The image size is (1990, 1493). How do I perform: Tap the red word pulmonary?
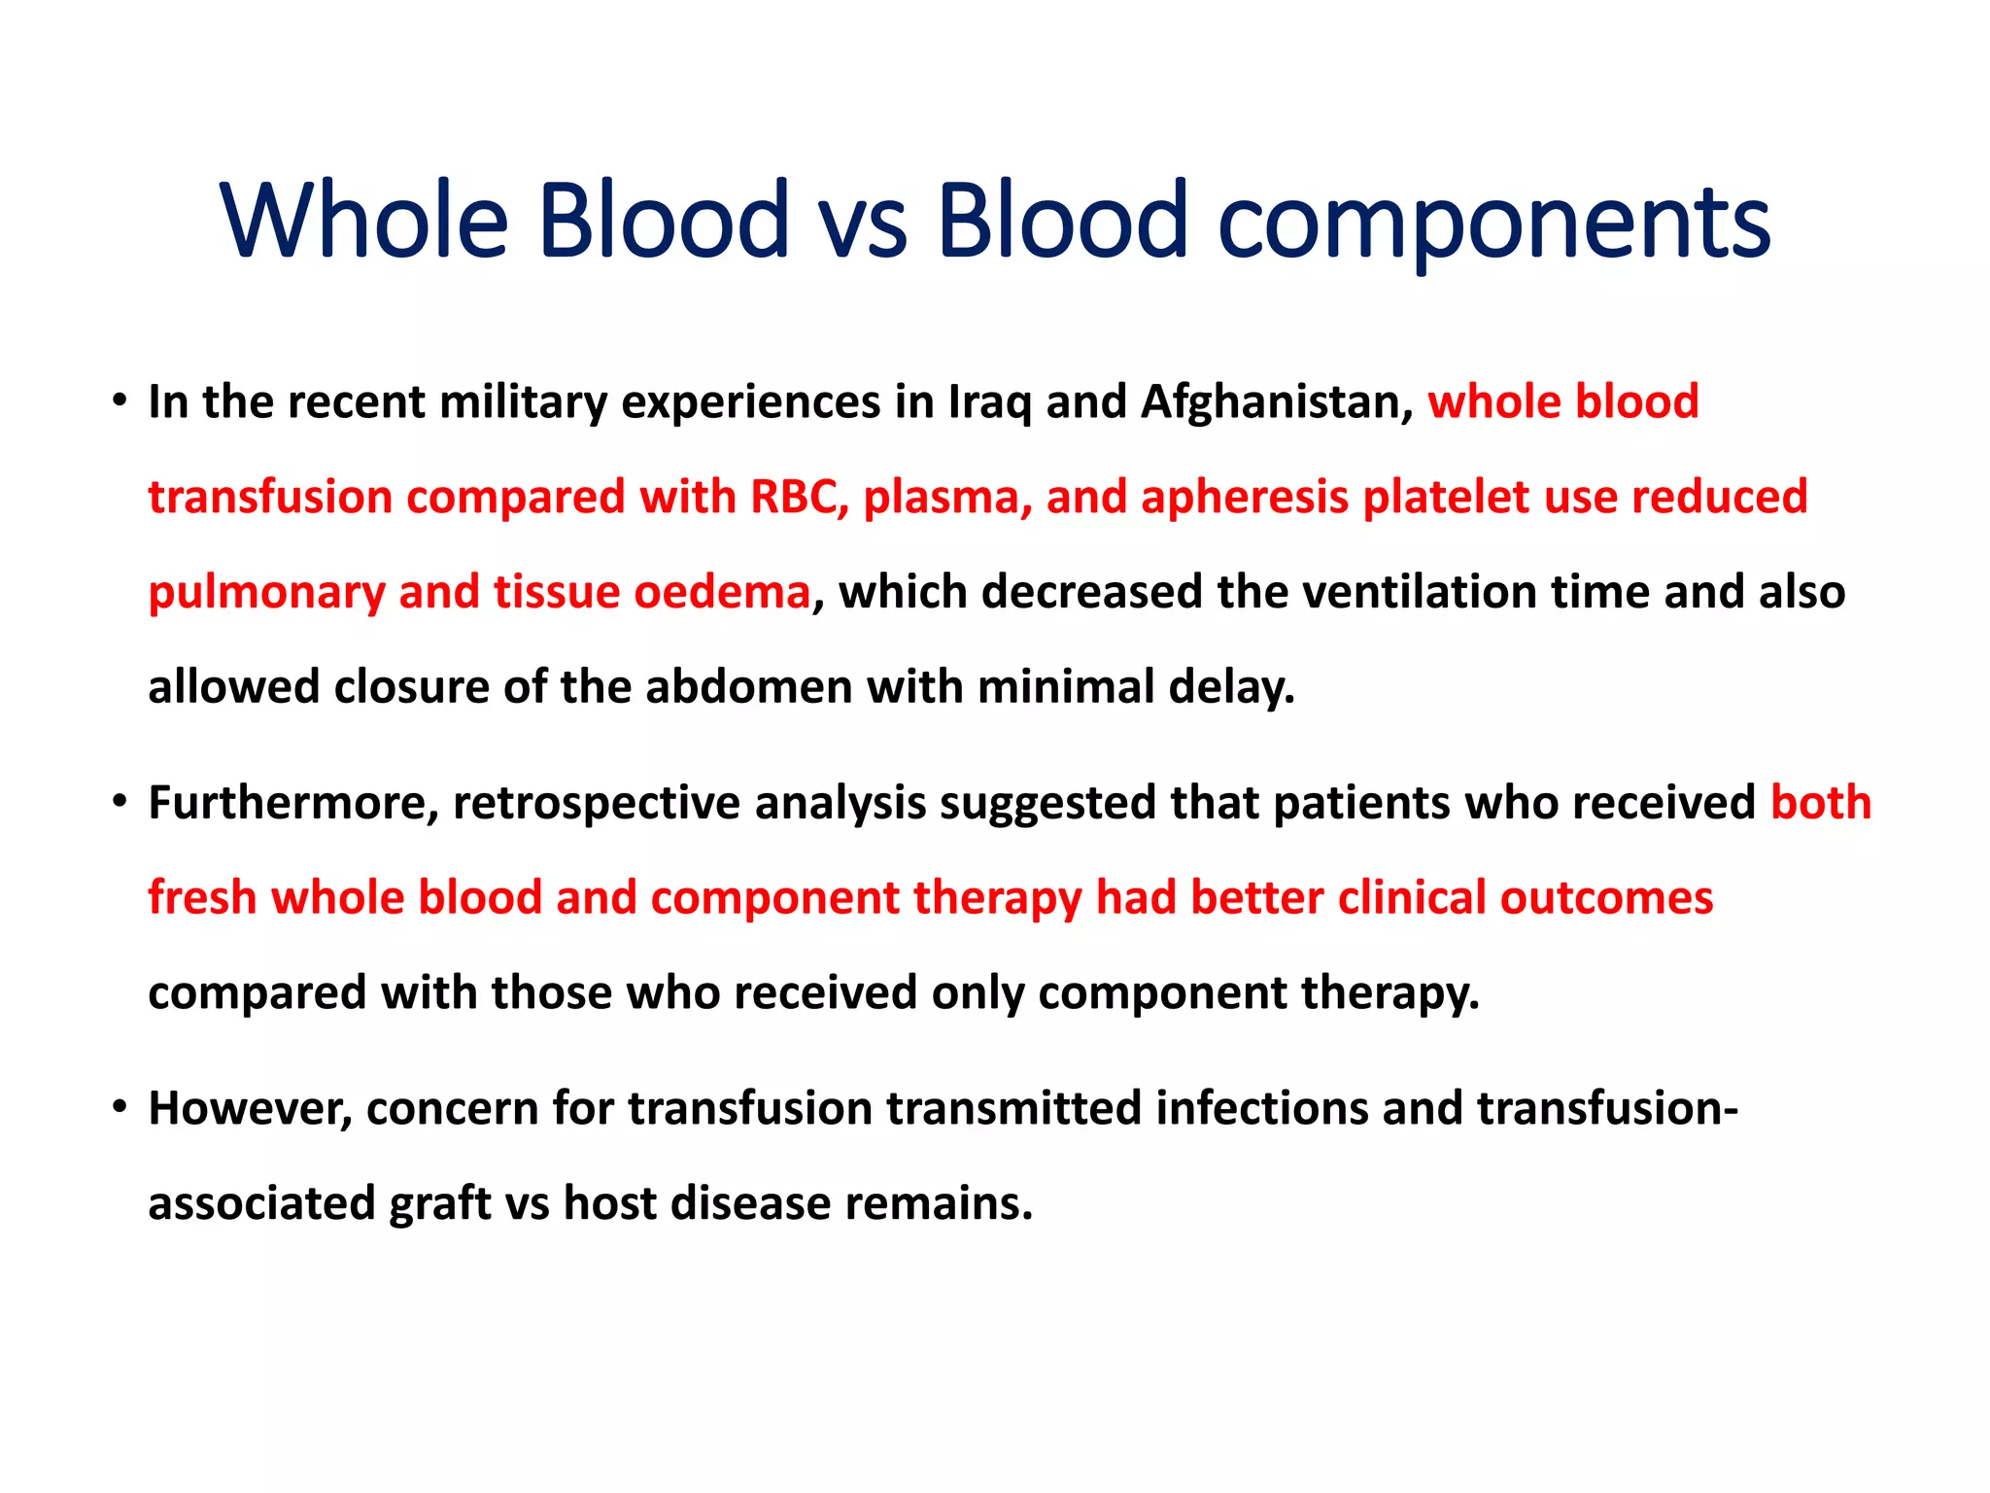[x=266, y=593]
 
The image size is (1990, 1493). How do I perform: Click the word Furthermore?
[x=293, y=803]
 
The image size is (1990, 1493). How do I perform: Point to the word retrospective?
[x=596, y=804]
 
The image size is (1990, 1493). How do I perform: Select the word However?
[x=250, y=1109]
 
